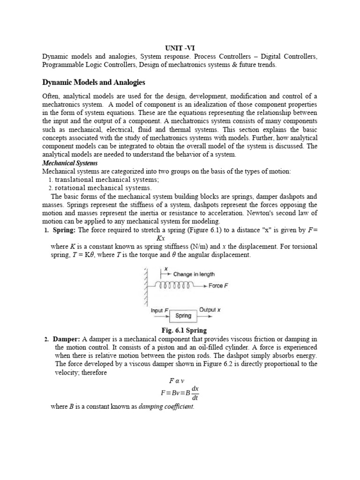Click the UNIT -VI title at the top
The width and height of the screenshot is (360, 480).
pos(180,48)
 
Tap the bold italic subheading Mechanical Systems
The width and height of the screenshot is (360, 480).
pos(70,163)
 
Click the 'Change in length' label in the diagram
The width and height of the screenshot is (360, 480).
pos(194,274)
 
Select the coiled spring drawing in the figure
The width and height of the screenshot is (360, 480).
pos(175,285)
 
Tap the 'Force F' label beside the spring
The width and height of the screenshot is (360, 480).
pos(218,285)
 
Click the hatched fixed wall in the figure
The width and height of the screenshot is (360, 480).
pos(147,286)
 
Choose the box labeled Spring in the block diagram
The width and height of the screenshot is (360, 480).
pos(183,315)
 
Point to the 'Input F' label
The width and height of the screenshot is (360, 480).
pos(157,310)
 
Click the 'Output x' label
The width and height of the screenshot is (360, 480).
pos(210,310)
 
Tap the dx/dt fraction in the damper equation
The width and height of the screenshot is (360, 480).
pos(195,393)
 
